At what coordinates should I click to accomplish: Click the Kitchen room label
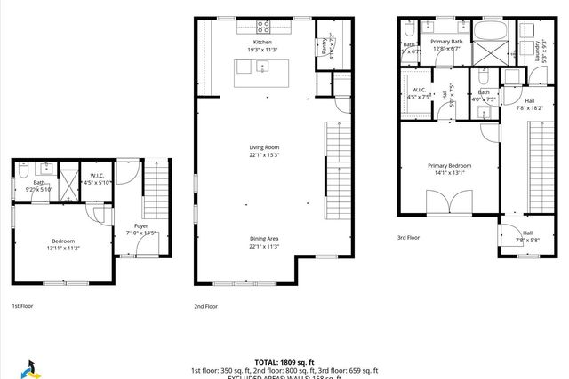click(262, 42)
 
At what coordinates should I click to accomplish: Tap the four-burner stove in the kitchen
click(263, 26)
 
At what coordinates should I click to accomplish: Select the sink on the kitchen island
click(264, 67)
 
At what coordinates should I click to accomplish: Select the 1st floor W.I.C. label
click(98, 176)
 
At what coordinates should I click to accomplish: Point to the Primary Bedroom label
click(449, 166)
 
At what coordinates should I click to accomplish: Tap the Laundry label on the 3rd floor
click(539, 52)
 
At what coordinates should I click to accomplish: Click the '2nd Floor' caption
click(205, 306)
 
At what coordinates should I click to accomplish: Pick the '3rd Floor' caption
click(409, 237)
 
